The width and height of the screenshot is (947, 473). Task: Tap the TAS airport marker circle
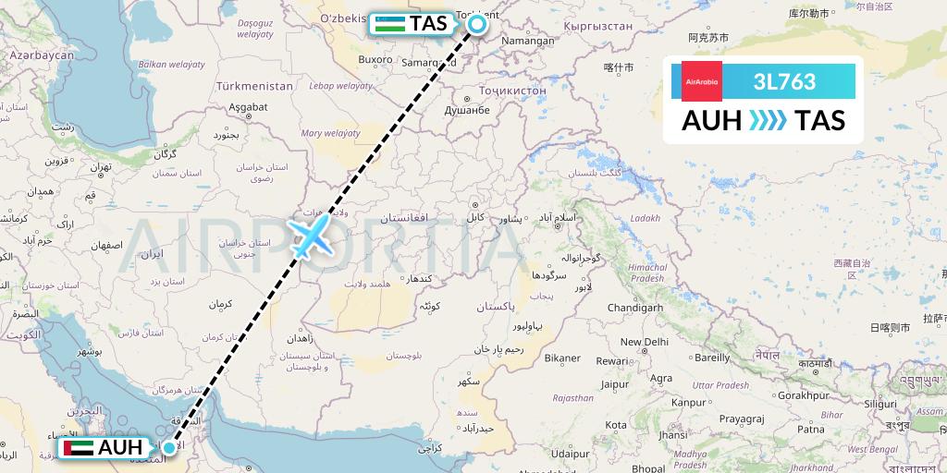[477, 24]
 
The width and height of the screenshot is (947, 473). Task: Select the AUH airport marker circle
[169, 448]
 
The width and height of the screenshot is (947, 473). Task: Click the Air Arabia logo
[701, 81]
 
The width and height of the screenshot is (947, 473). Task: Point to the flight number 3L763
[784, 81]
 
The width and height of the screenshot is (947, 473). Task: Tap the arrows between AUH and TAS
[768, 120]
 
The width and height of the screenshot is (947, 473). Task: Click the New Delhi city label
[644, 342]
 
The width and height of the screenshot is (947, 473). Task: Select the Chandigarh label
[635, 308]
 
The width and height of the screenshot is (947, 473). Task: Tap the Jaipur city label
[614, 384]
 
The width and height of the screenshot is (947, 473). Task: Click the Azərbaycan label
[42, 55]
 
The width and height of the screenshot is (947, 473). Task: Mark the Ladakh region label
[645, 219]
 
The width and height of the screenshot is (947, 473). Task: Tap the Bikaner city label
[561, 358]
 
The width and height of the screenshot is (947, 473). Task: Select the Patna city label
[811, 429]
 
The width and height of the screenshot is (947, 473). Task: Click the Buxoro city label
[375, 59]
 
